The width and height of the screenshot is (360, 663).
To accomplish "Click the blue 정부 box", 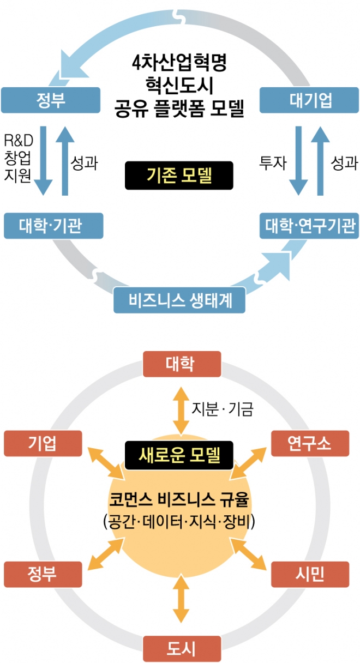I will click(51, 100).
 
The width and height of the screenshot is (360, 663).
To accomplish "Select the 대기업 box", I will click(309, 100).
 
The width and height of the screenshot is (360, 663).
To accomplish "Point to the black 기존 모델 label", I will click(179, 176).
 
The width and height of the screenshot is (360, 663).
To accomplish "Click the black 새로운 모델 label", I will click(179, 453).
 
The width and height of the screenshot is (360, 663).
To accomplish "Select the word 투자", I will click(272, 163).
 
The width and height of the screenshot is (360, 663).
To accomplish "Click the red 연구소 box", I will click(309, 443).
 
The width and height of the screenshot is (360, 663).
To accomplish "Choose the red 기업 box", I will click(43, 443).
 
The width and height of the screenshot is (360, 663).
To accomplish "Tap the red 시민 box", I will click(309, 574).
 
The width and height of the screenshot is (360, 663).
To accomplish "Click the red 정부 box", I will click(43, 574).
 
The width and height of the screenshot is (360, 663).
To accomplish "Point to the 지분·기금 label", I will click(222, 408).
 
